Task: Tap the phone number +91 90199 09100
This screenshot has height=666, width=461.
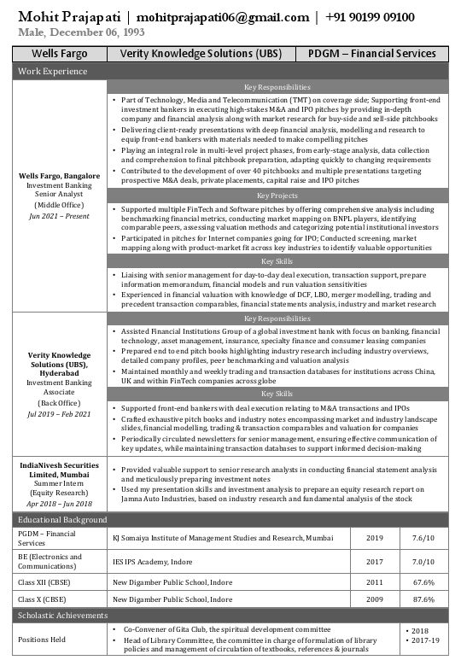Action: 369,17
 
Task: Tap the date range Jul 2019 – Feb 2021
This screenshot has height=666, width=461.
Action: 59,413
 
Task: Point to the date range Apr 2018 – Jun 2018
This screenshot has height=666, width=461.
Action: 59,504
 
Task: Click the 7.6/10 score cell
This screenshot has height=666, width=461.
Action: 423,538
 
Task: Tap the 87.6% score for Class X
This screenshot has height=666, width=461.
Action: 423,599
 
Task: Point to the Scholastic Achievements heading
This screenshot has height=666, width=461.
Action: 63,616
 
